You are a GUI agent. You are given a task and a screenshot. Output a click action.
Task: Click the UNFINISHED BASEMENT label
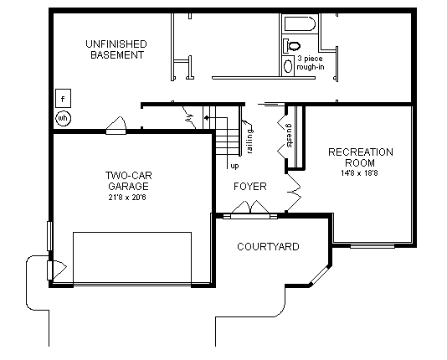[x=116, y=49]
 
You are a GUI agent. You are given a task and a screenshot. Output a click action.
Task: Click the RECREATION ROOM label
[x=360, y=157]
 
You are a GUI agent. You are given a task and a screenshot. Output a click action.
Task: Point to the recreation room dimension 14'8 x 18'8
[x=360, y=172]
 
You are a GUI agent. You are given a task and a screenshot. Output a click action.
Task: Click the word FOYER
[x=249, y=186]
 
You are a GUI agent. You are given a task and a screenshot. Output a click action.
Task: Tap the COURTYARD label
[x=268, y=247]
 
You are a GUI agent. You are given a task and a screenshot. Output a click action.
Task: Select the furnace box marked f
[x=63, y=97]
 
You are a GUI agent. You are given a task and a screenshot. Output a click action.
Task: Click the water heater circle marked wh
[x=63, y=118]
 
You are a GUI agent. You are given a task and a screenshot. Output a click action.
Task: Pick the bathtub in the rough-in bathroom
[x=299, y=24]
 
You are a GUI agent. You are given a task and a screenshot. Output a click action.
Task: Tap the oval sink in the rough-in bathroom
[x=290, y=65]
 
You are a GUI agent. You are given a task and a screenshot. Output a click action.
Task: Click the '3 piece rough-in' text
[x=310, y=63]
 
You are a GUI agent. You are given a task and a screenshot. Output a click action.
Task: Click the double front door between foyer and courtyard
[x=249, y=215]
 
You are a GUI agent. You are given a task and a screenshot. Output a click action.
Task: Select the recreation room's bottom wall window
[x=372, y=245]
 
